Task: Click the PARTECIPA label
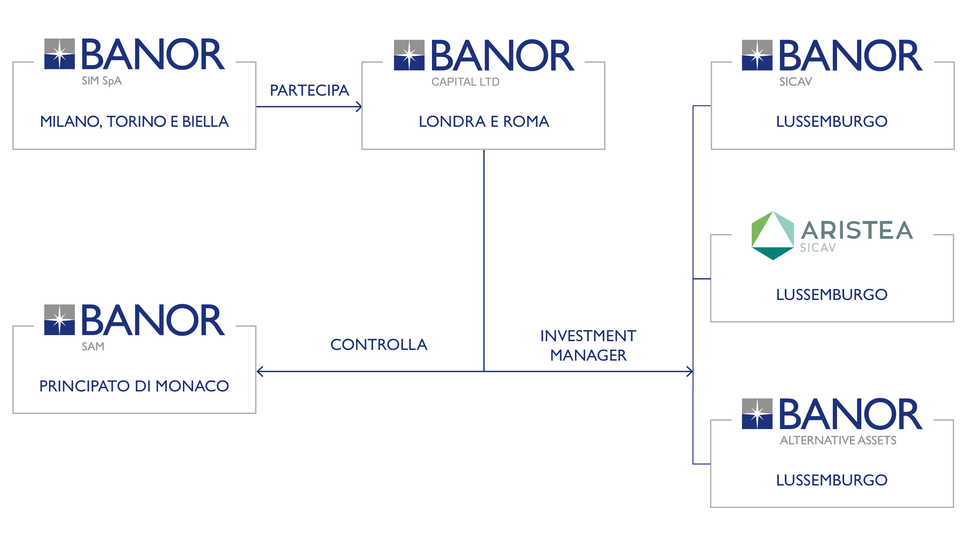[309, 90]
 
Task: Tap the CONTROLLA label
[378, 345]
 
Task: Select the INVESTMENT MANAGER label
[588, 345]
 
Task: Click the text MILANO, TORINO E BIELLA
[134, 122]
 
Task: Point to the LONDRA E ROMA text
[484, 122]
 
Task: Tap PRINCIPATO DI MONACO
[134, 386]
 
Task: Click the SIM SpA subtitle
[102, 81]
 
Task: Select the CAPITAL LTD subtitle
[465, 82]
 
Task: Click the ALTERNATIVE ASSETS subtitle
[838, 440]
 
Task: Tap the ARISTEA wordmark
[857, 230]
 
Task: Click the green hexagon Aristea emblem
[773, 235]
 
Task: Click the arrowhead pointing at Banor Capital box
[359, 106]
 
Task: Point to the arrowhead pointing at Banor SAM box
[259, 371]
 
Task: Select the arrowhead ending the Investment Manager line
[689, 371]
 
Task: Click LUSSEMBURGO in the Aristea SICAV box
[832, 294]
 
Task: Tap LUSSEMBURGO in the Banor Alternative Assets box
[832, 480]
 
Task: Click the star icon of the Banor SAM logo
[59, 320]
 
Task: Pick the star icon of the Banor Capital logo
[409, 55]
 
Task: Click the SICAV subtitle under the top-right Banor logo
[795, 82]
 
